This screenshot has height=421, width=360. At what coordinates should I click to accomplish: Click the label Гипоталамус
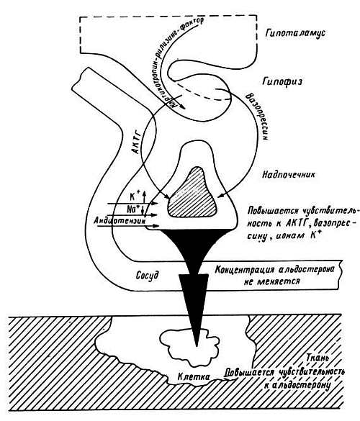[295, 33]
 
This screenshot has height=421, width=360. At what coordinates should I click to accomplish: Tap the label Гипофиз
[282, 81]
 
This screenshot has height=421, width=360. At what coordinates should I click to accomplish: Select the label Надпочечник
[289, 175]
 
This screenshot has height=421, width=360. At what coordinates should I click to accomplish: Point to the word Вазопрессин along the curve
[257, 117]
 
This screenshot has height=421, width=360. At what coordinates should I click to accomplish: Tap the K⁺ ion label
[133, 196]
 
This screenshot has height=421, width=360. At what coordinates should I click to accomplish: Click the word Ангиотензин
[120, 221]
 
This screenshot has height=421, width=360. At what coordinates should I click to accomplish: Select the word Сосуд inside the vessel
[147, 275]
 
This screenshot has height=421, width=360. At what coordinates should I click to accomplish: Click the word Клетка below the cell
[194, 376]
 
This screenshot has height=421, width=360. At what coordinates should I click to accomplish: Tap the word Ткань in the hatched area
[318, 358]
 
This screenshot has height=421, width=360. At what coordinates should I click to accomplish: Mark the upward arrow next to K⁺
[144, 196]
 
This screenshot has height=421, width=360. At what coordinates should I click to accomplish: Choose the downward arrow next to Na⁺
[144, 210]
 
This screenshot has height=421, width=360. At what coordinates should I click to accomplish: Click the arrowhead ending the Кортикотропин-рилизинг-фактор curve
[183, 107]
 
